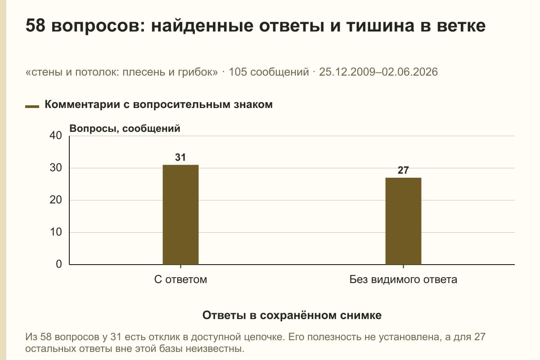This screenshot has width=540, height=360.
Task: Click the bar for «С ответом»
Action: [x=180, y=215]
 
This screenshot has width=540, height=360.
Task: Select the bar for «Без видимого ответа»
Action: [x=403, y=221]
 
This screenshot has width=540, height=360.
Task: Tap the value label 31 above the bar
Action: [x=180, y=157]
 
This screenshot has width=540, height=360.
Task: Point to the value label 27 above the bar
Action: [x=403, y=170]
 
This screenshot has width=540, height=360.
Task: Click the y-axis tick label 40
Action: [x=56, y=135]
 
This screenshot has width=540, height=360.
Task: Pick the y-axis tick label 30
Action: [x=56, y=168]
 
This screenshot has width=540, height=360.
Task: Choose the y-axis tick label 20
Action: [x=56, y=200]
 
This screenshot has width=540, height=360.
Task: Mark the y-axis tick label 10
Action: [x=56, y=232]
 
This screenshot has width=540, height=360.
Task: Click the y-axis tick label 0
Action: [x=59, y=264]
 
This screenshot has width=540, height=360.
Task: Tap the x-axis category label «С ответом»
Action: [x=180, y=280]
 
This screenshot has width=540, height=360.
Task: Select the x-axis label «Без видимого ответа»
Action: [x=403, y=280]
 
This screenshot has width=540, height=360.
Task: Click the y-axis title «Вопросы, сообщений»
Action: [x=125, y=129]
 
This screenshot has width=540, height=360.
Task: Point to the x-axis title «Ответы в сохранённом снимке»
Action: [x=292, y=315]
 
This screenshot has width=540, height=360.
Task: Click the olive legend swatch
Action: [x=32, y=107]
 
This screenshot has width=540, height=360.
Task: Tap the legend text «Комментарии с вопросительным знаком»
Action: [x=158, y=105]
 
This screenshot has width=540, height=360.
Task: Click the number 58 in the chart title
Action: [x=36, y=26]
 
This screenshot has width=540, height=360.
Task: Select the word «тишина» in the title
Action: [x=380, y=26]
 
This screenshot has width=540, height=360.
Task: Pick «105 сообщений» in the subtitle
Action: [x=269, y=72]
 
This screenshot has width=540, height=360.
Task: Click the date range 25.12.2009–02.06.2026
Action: [x=378, y=72]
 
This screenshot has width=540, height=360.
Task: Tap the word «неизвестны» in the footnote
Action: [x=215, y=349]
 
